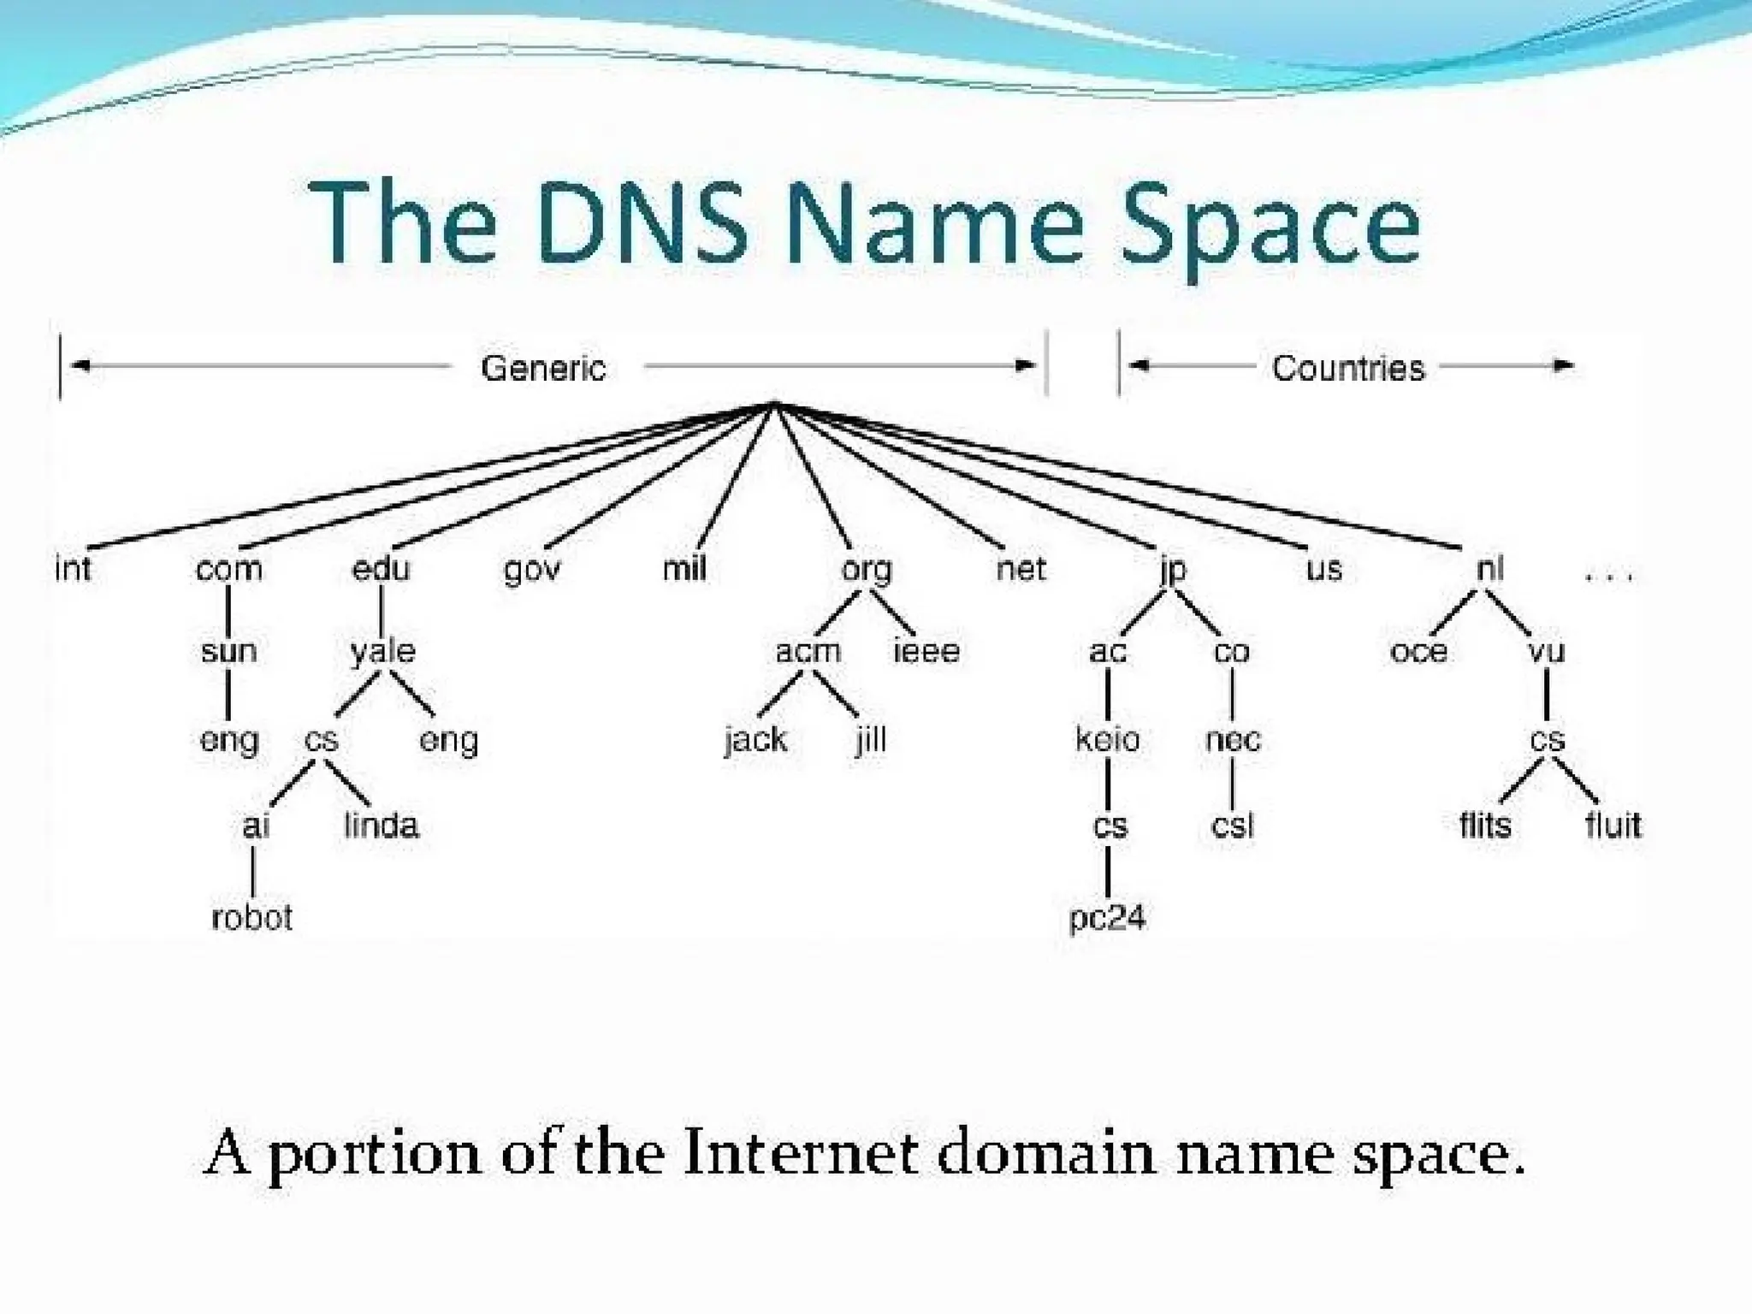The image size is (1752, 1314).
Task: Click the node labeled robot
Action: point(252,917)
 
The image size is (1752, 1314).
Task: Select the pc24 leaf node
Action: point(1107,918)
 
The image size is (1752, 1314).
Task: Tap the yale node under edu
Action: point(382,652)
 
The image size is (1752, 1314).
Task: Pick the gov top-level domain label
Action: point(532,569)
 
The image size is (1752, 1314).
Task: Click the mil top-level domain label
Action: point(684,568)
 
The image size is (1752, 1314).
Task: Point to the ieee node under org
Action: point(926,652)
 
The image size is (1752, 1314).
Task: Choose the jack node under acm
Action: point(756,739)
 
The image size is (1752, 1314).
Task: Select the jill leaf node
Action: point(871,739)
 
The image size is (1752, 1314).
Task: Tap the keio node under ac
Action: point(1108,739)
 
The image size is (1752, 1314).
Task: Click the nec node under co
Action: point(1233,739)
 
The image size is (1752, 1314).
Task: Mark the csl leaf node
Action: point(1233,826)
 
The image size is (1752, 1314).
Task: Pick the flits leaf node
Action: point(1485,826)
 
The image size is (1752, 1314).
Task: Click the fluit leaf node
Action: point(1613,826)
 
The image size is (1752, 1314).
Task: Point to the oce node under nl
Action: point(1419,652)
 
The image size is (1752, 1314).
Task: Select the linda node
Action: point(382,826)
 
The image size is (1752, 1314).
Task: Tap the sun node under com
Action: point(228,652)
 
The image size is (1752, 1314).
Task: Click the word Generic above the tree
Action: point(543,369)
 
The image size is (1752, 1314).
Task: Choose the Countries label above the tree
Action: point(1348,369)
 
